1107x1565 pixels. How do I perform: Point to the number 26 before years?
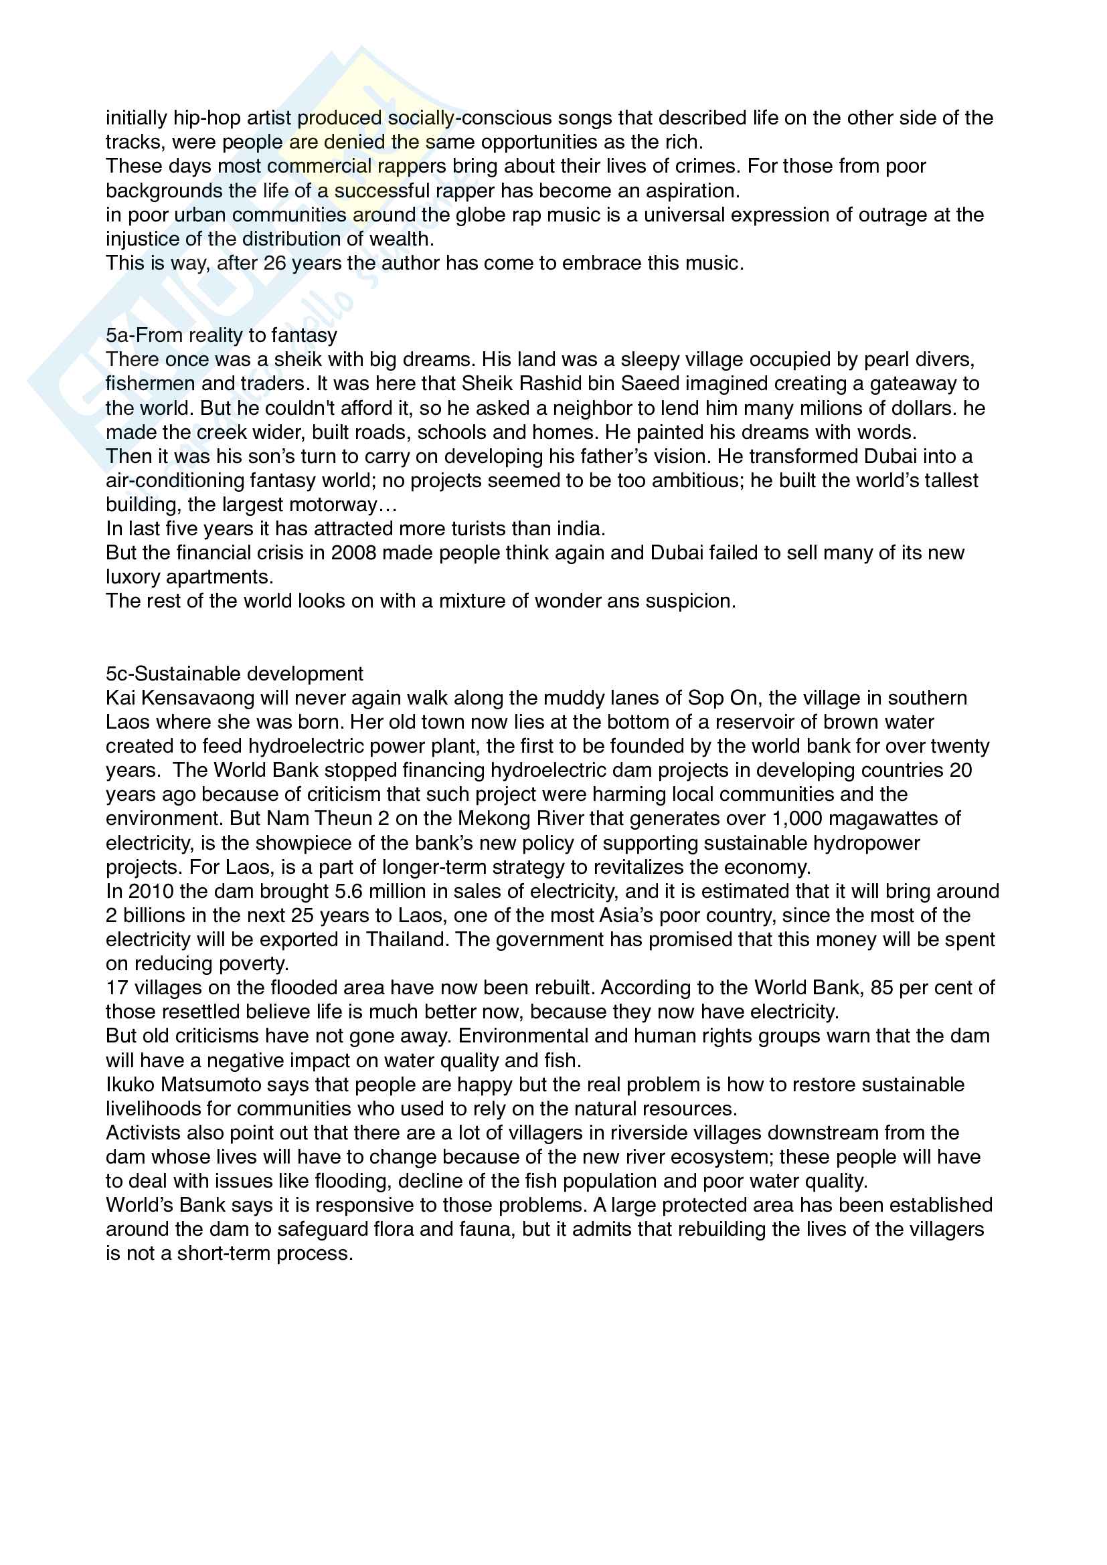(x=274, y=264)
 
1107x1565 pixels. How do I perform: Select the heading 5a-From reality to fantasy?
(x=222, y=335)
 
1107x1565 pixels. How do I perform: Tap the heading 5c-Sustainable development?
(x=234, y=674)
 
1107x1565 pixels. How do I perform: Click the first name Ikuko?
(x=131, y=1085)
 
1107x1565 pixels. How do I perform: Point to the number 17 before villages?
(x=116, y=988)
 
